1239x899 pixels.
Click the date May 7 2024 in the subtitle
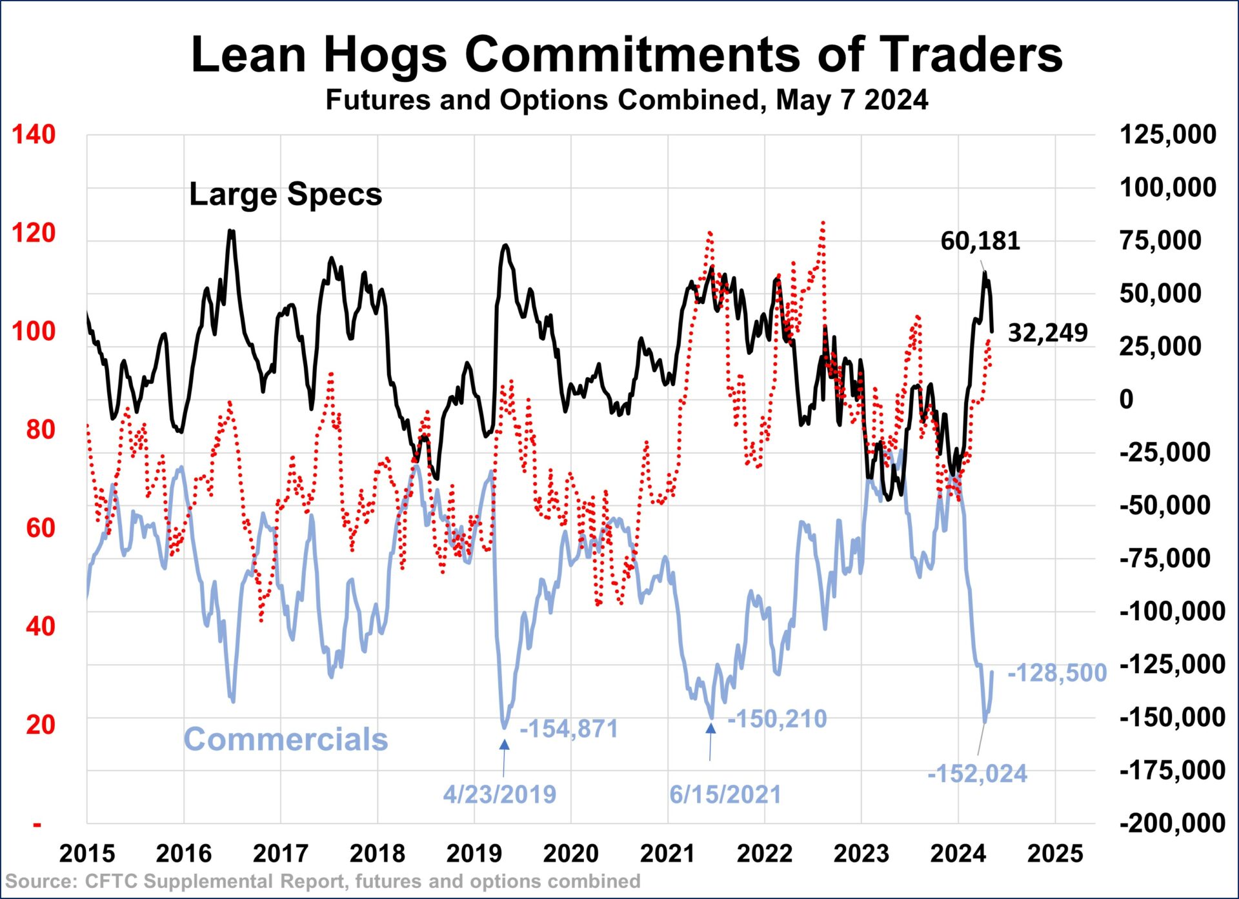click(x=852, y=100)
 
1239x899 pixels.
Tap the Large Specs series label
click(x=285, y=194)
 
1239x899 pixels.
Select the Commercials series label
click(x=285, y=739)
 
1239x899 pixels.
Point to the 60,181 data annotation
click(x=980, y=241)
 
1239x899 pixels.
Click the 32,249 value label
click(x=1047, y=333)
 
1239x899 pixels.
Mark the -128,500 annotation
click(x=1056, y=672)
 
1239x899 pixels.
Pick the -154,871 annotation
click(x=569, y=729)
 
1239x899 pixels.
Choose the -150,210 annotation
click(x=777, y=718)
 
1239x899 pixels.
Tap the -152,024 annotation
click(x=977, y=773)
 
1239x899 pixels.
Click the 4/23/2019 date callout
click(x=499, y=794)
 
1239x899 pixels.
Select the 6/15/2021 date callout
click(x=725, y=794)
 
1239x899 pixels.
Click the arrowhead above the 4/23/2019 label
click(x=505, y=745)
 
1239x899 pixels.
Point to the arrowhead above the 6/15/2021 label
click(x=710, y=729)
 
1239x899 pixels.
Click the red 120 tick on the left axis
click(x=34, y=233)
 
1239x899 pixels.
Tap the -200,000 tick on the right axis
click(x=1172, y=823)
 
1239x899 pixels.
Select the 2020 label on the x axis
click(x=570, y=854)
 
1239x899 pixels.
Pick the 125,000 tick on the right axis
click(x=1167, y=135)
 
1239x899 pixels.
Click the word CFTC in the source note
click(x=111, y=882)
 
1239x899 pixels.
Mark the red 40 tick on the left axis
click(x=40, y=626)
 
